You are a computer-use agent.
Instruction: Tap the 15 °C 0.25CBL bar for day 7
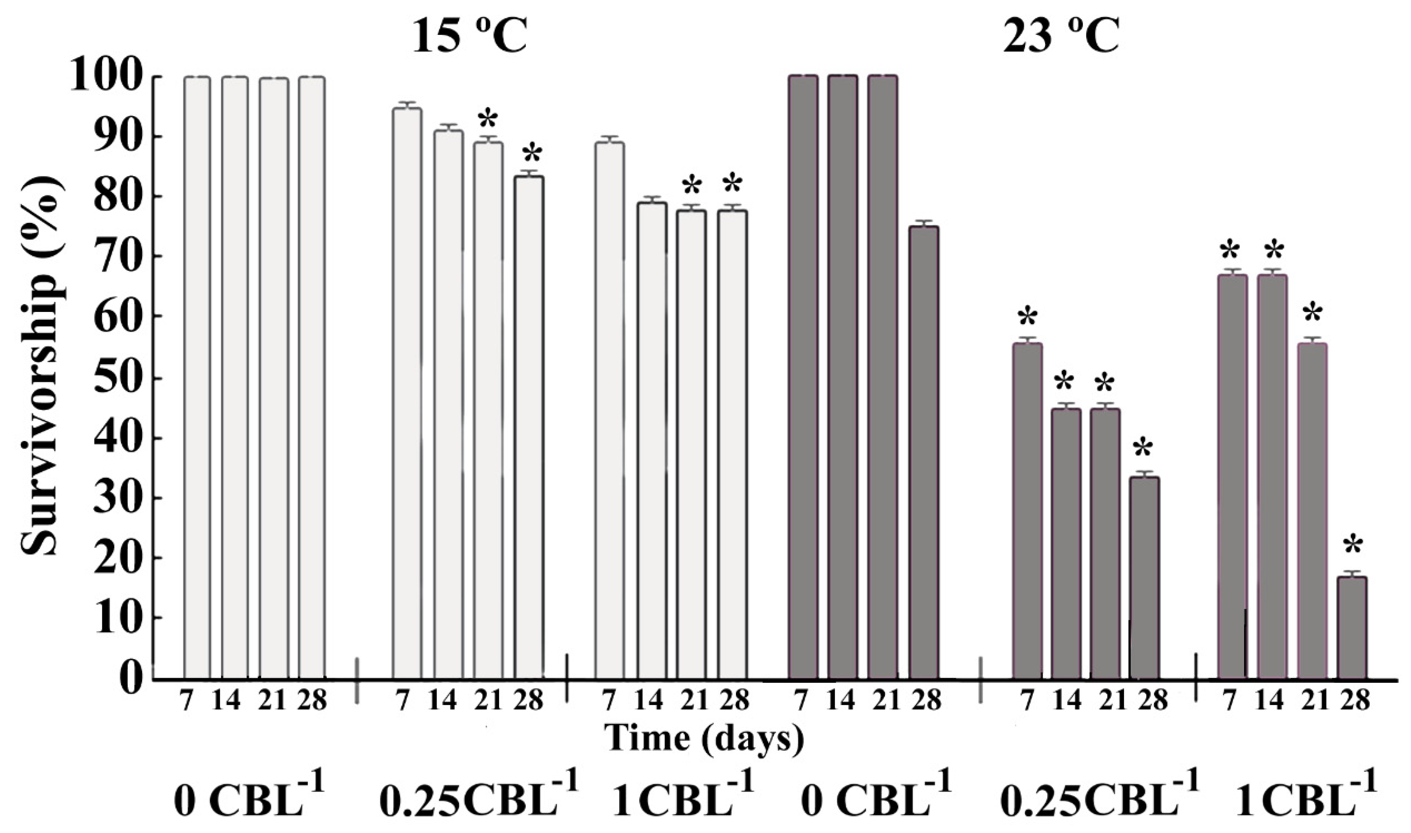tap(407, 393)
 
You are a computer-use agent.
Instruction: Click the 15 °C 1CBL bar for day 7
tap(609, 410)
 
